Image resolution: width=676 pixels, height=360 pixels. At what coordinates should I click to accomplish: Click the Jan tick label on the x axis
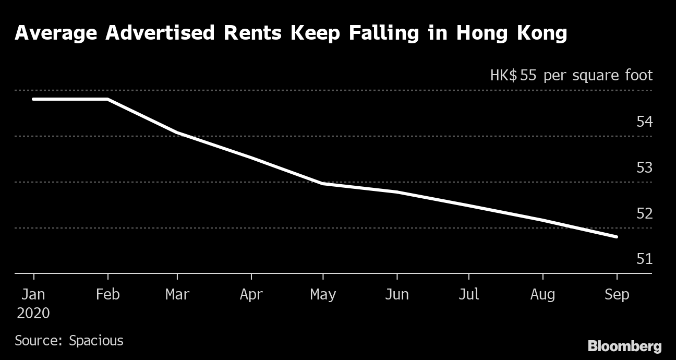33,294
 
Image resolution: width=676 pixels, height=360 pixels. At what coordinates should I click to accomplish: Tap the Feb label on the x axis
108,294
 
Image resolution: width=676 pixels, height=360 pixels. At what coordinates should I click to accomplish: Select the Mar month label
177,294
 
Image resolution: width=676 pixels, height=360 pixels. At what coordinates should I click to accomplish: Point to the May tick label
323,295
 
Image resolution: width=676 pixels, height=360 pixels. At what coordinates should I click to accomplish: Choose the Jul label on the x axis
468,294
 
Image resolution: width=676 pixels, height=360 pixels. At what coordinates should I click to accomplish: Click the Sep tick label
617,295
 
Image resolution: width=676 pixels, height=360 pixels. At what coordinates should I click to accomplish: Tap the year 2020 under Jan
33,313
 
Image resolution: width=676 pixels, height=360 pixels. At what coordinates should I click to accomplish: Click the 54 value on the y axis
644,122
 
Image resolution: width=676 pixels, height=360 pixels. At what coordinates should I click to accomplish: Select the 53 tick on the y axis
644,167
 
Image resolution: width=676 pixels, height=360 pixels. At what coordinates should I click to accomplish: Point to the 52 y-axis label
644,213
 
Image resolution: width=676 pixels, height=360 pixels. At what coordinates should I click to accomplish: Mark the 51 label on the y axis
644,259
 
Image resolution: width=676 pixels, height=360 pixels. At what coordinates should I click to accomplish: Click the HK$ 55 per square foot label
571,76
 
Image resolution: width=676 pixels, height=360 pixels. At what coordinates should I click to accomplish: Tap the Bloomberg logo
624,346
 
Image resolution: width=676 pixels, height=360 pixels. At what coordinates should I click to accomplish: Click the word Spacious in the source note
96,341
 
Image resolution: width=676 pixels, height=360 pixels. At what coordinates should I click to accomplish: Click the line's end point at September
617,237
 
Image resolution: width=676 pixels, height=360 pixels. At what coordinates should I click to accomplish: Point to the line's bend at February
107,99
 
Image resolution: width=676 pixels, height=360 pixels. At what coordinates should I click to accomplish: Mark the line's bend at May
323,184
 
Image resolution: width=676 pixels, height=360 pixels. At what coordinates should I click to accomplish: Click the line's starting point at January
33,99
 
